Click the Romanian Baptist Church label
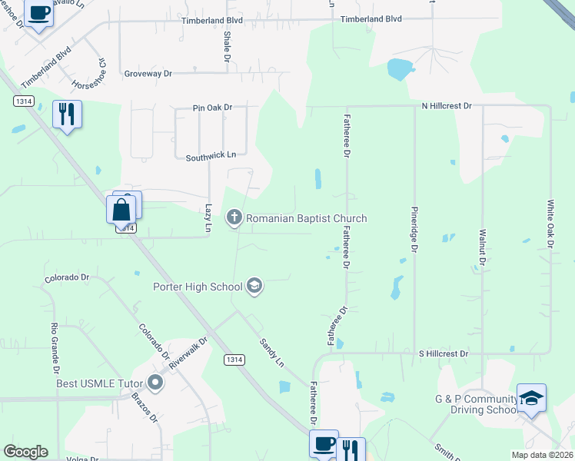(306, 219)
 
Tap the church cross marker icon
(234, 219)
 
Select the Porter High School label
(198, 287)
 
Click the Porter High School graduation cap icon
(254, 287)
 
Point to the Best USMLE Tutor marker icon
(157, 382)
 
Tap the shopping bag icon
(121, 209)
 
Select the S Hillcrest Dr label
(443, 354)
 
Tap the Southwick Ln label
(210, 156)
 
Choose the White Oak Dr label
(550, 224)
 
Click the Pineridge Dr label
(414, 228)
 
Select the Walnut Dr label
(482, 247)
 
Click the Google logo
(25, 452)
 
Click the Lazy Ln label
(208, 218)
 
